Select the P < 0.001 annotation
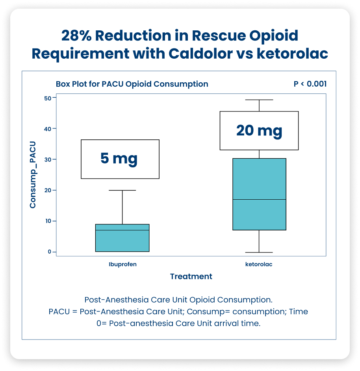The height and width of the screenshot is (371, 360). (310, 84)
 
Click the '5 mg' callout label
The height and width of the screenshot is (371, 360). (119, 159)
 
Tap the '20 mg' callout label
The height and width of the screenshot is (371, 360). (259, 130)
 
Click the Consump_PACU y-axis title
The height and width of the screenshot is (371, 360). (33, 174)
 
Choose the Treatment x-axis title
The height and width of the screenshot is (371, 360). (191, 276)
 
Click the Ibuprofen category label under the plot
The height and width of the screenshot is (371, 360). (123, 264)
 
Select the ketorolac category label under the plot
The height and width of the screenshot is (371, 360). (259, 264)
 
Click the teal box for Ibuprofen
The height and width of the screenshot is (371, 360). (122, 241)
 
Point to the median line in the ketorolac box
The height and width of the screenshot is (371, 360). (259, 199)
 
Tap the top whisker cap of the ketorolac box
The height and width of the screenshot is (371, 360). (259, 100)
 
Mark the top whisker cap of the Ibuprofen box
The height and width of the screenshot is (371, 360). (122, 190)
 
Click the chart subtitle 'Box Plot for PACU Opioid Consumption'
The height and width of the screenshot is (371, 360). (132, 84)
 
